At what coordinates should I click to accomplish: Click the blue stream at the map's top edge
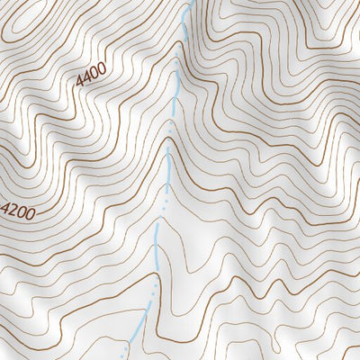pos(191,3)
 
